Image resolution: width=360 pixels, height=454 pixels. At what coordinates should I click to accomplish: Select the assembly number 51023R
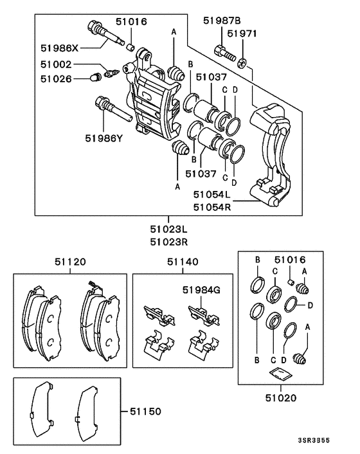coord(169,242)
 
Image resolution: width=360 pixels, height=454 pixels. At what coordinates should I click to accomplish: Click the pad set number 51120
coord(70,262)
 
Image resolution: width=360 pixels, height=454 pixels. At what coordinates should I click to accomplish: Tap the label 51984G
coord(200,290)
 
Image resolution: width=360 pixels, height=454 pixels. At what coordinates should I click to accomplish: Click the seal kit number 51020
coord(282,398)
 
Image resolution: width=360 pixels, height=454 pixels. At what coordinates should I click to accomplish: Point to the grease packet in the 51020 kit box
coord(278,374)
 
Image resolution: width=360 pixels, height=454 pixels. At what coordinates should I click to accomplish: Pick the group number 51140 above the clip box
coord(183,262)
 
